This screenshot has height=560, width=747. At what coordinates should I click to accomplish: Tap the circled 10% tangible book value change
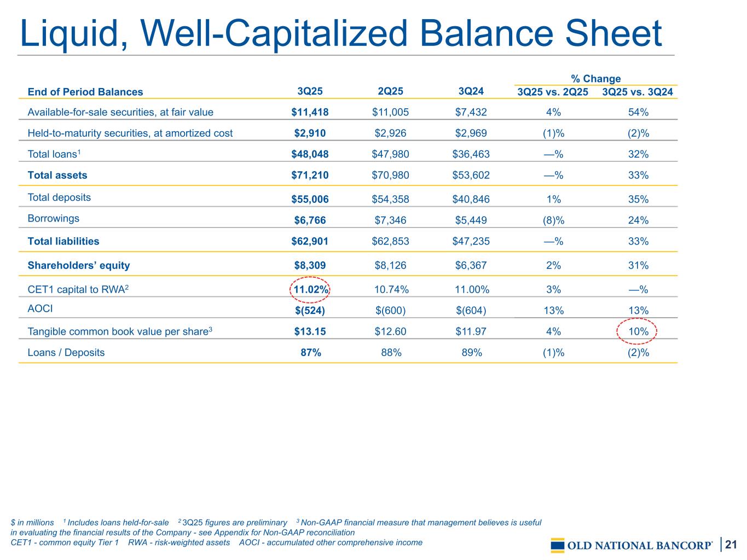[638, 331]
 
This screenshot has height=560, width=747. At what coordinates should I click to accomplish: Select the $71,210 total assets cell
[310, 176]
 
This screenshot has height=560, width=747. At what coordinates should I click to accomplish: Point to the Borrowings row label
[53, 218]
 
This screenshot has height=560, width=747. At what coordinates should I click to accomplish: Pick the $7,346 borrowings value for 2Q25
[390, 220]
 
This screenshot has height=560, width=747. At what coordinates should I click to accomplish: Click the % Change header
[595, 79]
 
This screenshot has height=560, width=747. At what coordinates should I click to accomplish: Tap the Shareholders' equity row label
[79, 266]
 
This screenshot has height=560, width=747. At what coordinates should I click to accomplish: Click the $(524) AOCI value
[310, 311]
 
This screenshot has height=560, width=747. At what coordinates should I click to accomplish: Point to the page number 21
[732, 545]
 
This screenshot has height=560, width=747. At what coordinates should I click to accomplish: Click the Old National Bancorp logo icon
[558, 545]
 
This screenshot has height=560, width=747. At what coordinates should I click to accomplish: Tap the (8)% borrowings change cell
[553, 220]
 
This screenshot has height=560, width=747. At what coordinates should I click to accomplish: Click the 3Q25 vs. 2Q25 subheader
[553, 92]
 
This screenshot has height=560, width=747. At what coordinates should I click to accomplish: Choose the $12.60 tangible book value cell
[390, 331]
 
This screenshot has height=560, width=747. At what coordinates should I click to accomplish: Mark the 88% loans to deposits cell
[391, 353]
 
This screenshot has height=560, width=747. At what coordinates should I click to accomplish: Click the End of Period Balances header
[85, 92]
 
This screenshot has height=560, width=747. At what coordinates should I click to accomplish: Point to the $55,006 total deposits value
[310, 199]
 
